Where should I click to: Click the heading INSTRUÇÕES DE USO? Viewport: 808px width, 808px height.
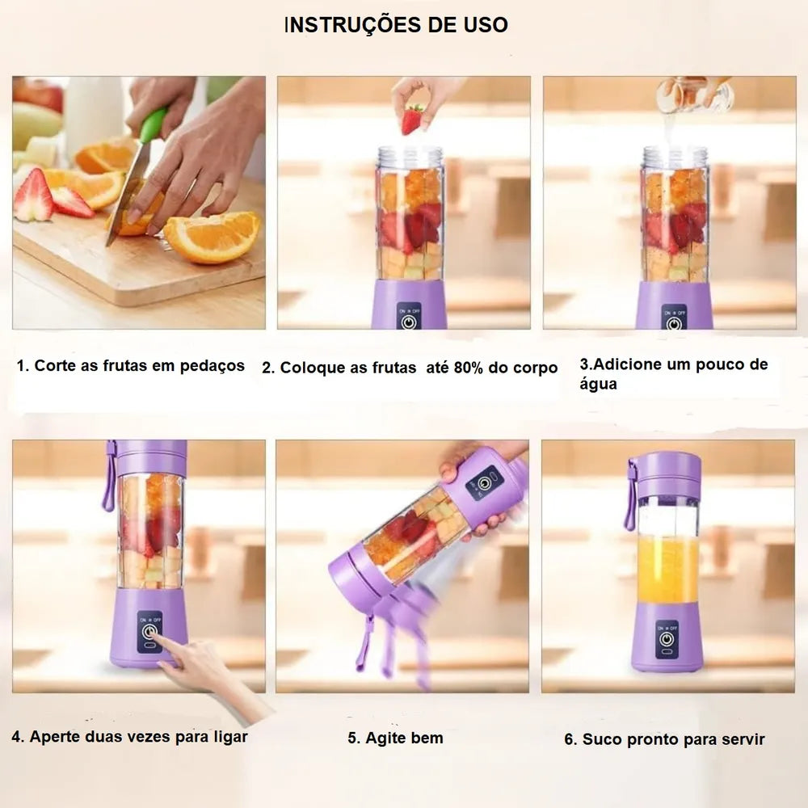click(x=396, y=25)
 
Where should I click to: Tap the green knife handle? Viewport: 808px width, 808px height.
click(x=153, y=125)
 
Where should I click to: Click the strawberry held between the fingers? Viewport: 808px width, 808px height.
click(x=412, y=120)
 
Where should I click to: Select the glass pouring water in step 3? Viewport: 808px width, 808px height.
click(x=695, y=95)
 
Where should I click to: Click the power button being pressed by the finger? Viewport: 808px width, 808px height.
click(x=149, y=631)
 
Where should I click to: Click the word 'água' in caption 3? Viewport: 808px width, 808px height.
click(x=598, y=384)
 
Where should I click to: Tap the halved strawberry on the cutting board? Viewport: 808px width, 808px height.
click(x=34, y=195)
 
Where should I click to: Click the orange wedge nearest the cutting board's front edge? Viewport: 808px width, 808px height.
click(x=211, y=237)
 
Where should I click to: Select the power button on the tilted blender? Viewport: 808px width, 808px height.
click(x=483, y=483)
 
